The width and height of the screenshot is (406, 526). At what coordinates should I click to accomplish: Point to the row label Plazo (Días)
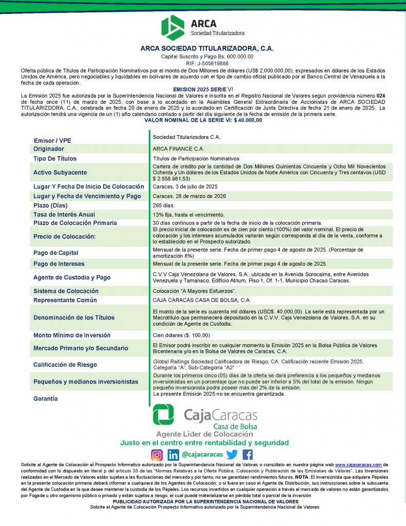click(50, 205)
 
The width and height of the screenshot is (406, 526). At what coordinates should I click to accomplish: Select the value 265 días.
click(164, 205)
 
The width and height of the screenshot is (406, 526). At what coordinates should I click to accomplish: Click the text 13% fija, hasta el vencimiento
click(188, 214)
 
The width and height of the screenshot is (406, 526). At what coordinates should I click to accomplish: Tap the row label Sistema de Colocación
click(66, 291)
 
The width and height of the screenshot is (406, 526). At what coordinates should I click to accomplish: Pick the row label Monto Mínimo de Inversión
click(72, 335)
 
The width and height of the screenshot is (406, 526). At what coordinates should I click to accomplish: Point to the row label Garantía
click(46, 399)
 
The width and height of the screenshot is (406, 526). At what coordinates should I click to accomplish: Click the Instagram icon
click(157, 455)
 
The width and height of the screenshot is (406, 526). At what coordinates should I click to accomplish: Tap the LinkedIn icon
click(173, 455)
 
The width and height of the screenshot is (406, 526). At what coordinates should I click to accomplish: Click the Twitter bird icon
click(232, 455)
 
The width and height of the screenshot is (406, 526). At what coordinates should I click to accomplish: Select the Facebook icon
click(247, 455)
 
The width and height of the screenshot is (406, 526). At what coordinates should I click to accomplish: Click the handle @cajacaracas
click(203, 455)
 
